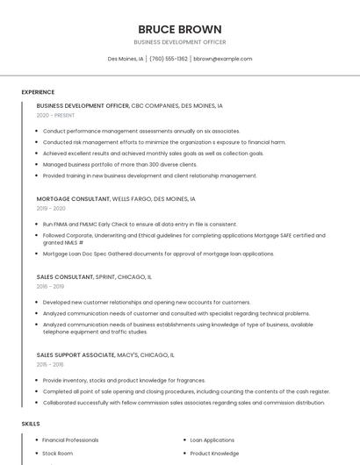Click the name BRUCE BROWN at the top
[180, 29]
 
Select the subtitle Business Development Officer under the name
[180, 42]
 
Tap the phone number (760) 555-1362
[169, 59]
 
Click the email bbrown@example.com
[223, 59]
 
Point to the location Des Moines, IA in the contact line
[126, 59]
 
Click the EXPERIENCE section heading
[38, 92]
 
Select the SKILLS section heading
[31, 424]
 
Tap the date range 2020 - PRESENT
[55, 115]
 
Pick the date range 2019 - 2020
[51, 209]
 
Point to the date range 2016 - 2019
[50, 286]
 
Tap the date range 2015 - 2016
[50, 364]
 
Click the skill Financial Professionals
[71, 440]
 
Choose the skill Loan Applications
[212, 440]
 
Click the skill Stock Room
[58, 454]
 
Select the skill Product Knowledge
[214, 454]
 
